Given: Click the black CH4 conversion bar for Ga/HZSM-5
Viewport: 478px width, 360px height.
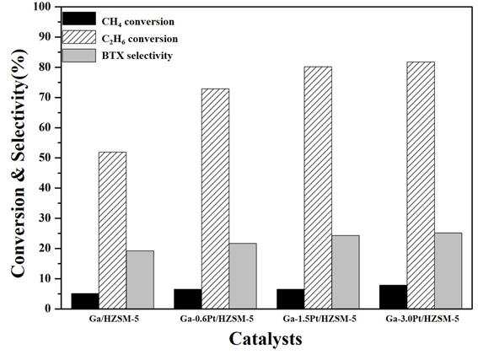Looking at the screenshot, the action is point(85,301).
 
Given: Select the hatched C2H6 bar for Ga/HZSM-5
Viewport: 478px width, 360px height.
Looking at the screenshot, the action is point(112,230).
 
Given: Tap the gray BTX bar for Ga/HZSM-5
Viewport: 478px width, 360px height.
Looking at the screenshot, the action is point(140,280).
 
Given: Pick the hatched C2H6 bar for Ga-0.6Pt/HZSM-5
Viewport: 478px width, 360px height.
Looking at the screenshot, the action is point(215,198).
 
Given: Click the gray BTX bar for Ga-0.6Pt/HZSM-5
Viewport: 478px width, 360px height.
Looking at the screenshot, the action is point(243,276).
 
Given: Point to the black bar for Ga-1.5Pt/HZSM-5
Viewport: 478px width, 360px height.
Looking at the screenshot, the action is point(291,298).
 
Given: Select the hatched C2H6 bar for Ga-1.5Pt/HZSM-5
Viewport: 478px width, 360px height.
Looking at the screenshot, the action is point(318,187).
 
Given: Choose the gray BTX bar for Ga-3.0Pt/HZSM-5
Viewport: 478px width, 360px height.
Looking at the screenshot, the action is point(448,271).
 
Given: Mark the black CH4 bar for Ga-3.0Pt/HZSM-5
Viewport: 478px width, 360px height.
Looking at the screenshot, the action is point(393,297).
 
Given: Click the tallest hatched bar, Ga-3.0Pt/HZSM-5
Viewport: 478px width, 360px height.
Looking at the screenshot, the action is point(421,185).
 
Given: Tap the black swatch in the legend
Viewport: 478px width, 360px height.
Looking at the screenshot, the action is point(79,19).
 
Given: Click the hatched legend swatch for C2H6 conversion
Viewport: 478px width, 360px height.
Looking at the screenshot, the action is point(79,37).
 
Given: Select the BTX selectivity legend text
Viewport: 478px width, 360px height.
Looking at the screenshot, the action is point(137,56).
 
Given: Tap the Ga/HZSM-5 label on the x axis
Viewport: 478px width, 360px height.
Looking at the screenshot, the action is point(114,320).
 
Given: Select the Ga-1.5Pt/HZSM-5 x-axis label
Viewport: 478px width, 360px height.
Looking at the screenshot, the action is point(320,320).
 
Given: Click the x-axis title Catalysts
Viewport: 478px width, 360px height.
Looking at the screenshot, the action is point(266,339).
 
